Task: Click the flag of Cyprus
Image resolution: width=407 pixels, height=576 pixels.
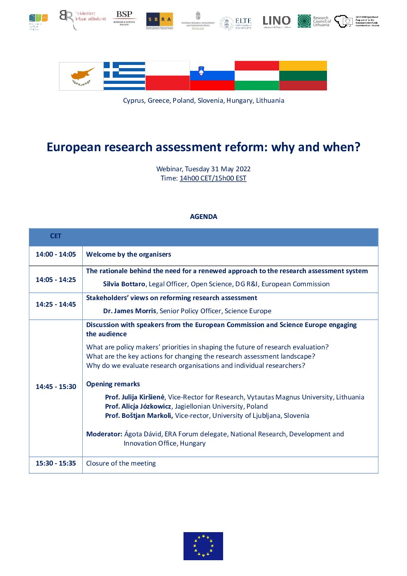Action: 81,76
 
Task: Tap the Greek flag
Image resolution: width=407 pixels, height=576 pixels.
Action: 124,76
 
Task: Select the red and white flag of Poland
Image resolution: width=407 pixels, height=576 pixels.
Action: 168,76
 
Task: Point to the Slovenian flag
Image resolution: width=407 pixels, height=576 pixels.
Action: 212,76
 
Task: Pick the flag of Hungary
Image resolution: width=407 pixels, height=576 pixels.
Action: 257,76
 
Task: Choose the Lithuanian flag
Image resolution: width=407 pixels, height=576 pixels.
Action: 303,76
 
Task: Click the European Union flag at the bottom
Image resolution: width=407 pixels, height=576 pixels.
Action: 203,546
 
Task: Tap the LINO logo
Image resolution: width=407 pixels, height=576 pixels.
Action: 276,21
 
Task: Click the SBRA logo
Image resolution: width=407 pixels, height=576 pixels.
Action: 159,20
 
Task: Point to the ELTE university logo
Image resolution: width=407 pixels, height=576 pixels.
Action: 236,23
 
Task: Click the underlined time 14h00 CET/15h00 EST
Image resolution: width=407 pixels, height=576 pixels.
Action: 213,178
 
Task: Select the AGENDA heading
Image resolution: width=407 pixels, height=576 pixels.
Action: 203,217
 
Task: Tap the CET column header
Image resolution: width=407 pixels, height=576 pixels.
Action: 56,236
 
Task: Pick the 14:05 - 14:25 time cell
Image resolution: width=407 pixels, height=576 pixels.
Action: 56,280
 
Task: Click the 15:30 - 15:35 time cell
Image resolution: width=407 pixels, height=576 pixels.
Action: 56,463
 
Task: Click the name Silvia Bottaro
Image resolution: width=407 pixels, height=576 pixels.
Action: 124,284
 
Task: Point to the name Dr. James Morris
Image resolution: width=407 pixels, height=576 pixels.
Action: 130,311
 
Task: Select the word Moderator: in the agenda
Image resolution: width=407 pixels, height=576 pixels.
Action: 104,434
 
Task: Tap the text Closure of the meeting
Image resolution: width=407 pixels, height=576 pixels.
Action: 121,463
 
